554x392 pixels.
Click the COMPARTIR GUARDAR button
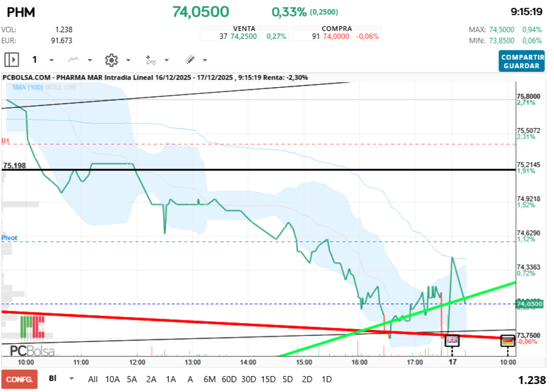[522, 61]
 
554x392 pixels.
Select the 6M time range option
[209, 379]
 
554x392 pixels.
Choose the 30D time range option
[248, 379]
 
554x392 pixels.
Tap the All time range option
[93, 379]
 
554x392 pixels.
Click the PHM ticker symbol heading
[20, 12]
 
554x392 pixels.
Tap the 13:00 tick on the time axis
[193, 362]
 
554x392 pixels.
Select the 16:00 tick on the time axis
[360, 362]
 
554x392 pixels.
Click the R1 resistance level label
[6, 141]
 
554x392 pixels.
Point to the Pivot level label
[9, 237]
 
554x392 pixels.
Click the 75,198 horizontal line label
[15, 165]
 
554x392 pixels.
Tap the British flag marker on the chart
[452, 340]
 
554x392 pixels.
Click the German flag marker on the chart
[508, 340]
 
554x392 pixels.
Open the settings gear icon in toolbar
[111, 60]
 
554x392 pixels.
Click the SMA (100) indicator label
[26, 88]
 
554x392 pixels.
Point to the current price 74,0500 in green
[200, 12]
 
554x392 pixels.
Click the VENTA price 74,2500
[244, 37]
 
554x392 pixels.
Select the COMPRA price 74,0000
[336, 37]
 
